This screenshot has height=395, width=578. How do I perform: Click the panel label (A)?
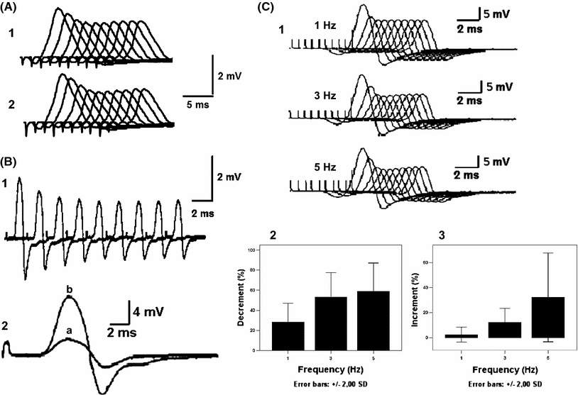[x=13, y=9]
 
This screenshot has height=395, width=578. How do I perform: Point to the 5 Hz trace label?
[x=327, y=167]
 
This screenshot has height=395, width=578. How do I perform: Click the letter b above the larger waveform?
[x=69, y=290]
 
